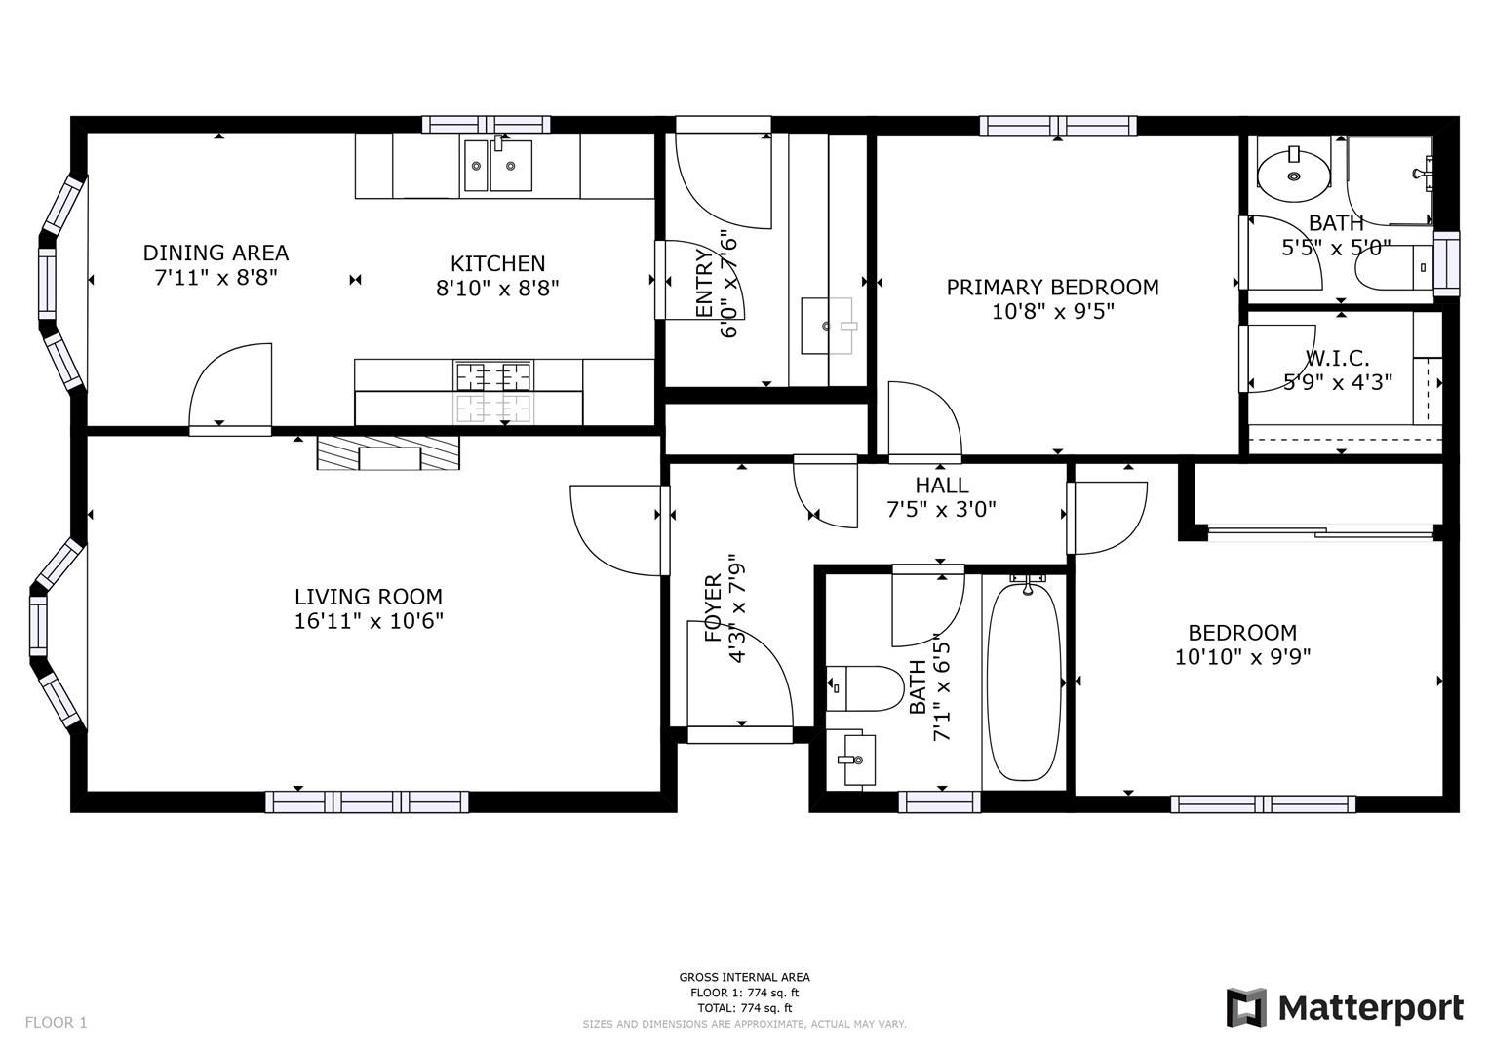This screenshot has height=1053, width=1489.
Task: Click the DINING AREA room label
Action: pyautogui.click(x=216, y=253)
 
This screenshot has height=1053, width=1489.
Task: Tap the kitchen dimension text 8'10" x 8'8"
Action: pyautogui.click(x=497, y=288)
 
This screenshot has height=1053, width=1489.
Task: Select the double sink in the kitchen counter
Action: pyautogui.click(x=497, y=166)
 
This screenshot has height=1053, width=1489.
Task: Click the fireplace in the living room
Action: pyautogui.click(x=388, y=453)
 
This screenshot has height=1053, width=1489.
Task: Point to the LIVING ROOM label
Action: pyautogui.click(x=369, y=596)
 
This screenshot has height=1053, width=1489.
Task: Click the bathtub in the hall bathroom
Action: pyautogui.click(x=1023, y=678)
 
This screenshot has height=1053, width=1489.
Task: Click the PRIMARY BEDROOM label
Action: pyautogui.click(x=1052, y=287)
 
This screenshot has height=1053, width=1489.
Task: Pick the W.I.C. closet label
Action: pyautogui.click(x=1337, y=358)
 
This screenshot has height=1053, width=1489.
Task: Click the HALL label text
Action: pyautogui.click(x=941, y=485)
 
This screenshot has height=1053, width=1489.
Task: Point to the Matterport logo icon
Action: pyautogui.click(x=1245, y=1007)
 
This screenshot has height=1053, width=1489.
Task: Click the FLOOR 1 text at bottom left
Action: pyautogui.click(x=56, y=1022)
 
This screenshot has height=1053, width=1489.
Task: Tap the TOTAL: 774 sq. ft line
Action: pyautogui.click(x=744, y=1007)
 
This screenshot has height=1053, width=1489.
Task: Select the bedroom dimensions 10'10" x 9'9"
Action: pyautogui.click(x=1242, y=657)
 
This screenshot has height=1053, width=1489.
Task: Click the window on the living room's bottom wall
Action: pyautogui.click(x=367, y=801)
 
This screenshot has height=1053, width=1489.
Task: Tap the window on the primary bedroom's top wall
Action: pyautogui.click(x=1058, y=125)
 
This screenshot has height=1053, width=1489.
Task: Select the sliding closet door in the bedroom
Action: pyautogui.click(x=1320, y=532)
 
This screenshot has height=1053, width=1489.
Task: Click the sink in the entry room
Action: pyautogui.click(x=827, y=326)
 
